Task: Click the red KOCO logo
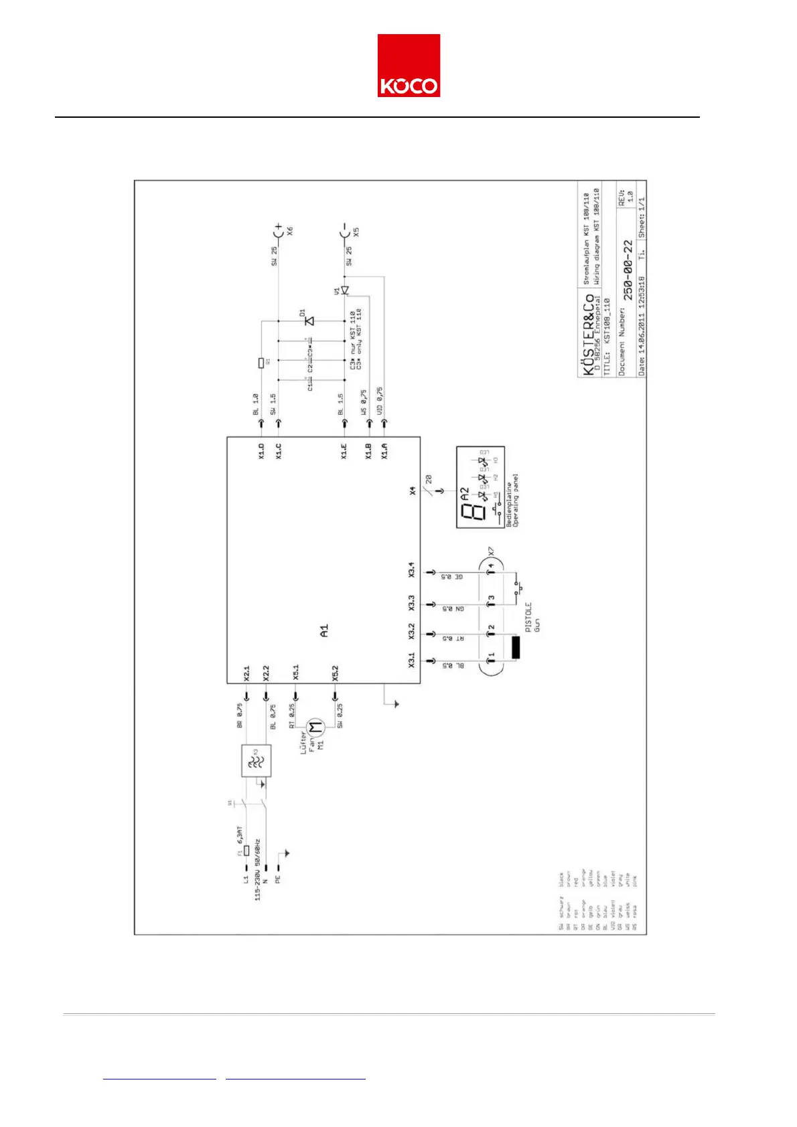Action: click(409, 66)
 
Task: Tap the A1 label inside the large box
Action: click(324, 630)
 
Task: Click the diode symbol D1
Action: click(309, 321)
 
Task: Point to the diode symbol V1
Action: click(344, 290)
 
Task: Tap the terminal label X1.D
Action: click(261, 451)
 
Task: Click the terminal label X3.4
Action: click(412, 570)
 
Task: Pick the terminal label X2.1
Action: click(246, 673)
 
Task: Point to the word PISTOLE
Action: click(528, 616)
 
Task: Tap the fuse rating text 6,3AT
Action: click(239, 835)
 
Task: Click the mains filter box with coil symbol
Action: click(256, 761)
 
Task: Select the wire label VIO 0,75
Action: click(380, 401)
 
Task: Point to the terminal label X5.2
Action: click(335, 673)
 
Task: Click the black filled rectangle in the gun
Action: click(516, 648)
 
